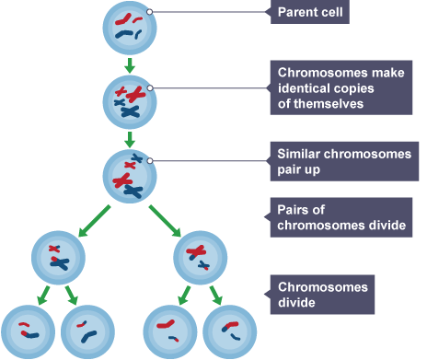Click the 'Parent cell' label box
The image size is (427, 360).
[310, 12]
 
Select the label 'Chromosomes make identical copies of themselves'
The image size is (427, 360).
[341, 87]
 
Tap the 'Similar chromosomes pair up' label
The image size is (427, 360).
[344, 161]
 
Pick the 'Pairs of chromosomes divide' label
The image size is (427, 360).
[341, 217]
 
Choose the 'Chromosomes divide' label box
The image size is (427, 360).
[322, 295]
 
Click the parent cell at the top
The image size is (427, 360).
[130, 29]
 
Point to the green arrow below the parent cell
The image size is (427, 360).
[130, 65]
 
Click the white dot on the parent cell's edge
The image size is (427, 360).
[150, 12]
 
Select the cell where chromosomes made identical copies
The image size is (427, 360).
[130, 102]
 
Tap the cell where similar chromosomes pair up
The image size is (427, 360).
[130, 176]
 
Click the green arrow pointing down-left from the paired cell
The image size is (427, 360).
[94, 221]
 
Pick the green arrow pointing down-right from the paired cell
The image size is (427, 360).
[165, 221]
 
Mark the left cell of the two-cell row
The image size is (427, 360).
[58, 258]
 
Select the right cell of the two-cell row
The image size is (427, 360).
[201, 258]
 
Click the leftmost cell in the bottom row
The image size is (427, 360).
[28, 332]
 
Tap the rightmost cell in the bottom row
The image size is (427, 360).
[230, 332]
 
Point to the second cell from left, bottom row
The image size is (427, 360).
[87, 332]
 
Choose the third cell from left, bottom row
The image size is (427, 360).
[170, 332]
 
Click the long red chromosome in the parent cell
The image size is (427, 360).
[123, 19]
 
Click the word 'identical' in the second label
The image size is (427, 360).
[303, 88]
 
